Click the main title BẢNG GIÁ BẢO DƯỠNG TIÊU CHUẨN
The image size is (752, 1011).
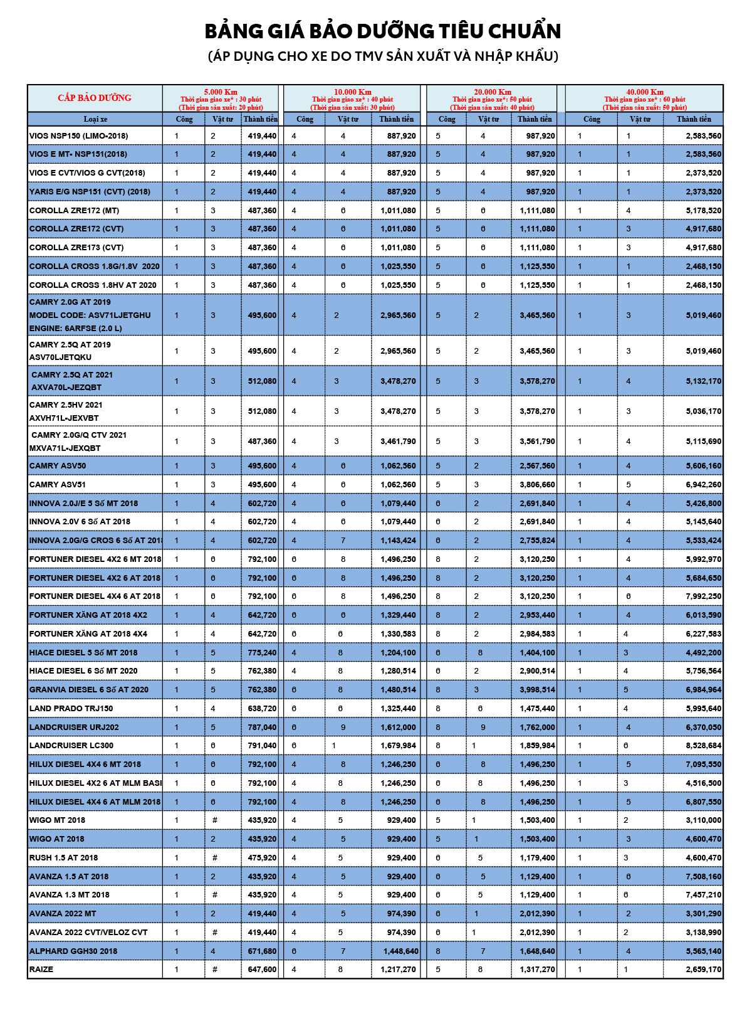[x=383, y=31]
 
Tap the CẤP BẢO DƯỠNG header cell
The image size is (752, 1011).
[x=95, y=98]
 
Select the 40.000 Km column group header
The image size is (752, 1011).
[x=644, y=92]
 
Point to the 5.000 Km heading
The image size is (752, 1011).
[x=221, y=92]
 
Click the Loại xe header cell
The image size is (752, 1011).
[x=95, y=119]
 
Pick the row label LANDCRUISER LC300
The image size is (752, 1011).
[x=71, y=746]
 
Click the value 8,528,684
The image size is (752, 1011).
[x=703, y=746]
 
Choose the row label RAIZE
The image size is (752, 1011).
[x=41, y=970]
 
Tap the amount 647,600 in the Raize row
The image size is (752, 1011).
[x=262, y=970]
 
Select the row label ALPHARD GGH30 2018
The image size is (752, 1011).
[x=73, y=951]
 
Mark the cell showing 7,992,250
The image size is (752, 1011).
[x=703, y=596]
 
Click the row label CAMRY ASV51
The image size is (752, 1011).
[x=58, y=484]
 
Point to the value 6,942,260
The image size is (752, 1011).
[x=703, y=484]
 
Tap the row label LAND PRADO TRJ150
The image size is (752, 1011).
[x=71, y=708]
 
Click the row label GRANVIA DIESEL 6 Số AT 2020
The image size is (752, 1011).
[x=89, y=689]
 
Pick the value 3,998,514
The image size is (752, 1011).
[x=537, y=689]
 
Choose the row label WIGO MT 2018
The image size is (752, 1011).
[x=57, y=820]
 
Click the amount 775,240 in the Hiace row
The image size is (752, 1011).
[x=262, y=652]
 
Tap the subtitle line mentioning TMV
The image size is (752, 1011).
[x=383, y=56]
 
